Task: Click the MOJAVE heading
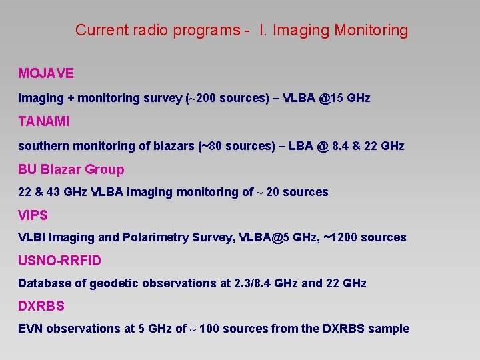click(x=45, y=73)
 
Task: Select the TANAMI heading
click(x=43, y=121)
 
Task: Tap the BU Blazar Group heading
click(x=71, y=169)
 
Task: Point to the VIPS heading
click(x=33, y=215)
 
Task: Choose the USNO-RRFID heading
click(x=59, y=261)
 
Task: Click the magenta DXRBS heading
click(x=41, y=307)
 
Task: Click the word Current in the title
click(x=100, y=30)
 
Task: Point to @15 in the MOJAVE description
click(x=328, y=98)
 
